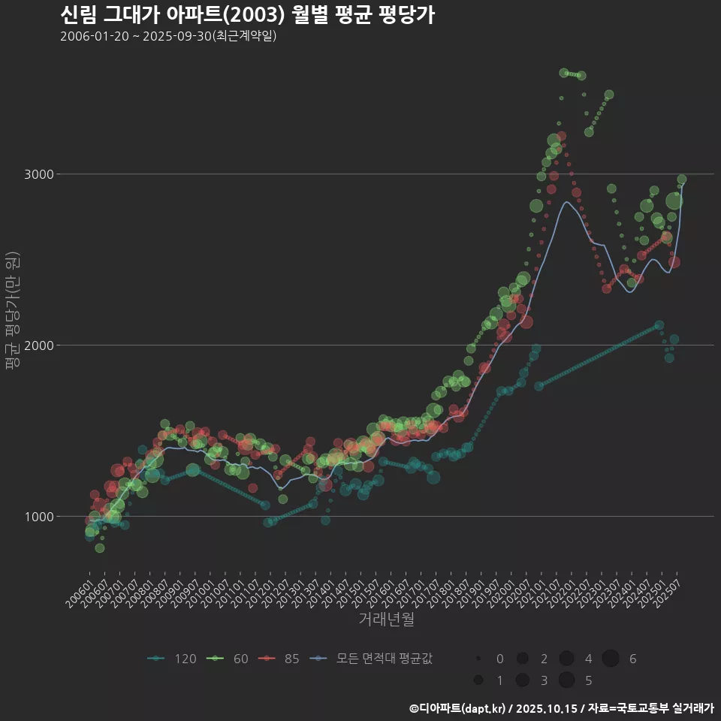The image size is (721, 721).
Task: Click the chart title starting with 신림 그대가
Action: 247,15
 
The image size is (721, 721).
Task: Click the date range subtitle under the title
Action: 168,36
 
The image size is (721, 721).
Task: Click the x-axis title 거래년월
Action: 386,619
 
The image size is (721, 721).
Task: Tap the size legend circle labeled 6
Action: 611,659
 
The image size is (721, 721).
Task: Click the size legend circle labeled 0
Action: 478,659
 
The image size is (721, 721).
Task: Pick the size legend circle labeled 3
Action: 522,680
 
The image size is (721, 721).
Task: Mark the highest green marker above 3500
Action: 564,73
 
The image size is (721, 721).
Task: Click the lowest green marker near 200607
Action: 100,548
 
